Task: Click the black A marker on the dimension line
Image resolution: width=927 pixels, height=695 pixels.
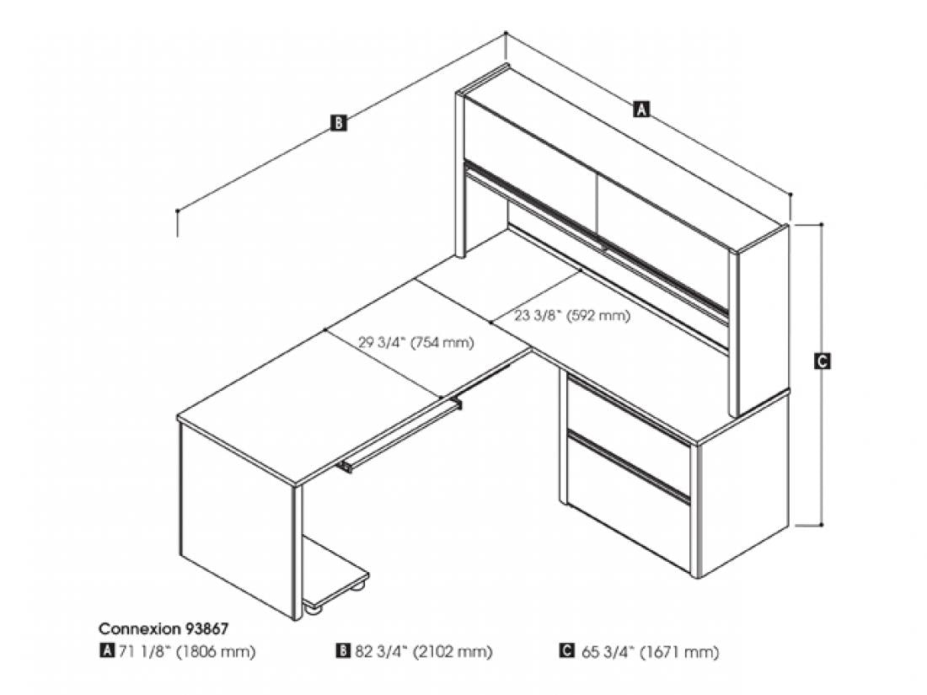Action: tap(641, 109)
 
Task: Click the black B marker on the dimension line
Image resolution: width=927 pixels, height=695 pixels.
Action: tap(338, 123)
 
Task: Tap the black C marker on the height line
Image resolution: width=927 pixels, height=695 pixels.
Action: tap(822, 361)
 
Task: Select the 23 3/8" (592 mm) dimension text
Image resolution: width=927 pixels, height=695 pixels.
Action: tap(571, 316)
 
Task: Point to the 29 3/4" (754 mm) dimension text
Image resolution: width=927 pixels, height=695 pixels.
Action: tap(415, 342)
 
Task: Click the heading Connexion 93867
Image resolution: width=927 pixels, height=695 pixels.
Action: tap(163, 628)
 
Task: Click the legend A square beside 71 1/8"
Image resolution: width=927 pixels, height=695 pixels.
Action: tap(106, 650)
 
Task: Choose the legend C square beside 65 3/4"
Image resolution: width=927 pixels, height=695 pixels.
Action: tap(566, 650)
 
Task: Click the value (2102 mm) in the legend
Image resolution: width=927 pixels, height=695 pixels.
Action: tap(453, 652)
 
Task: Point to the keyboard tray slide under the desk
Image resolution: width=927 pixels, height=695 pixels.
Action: tap(401, 436)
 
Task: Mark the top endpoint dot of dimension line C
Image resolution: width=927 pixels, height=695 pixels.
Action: tap(822, 225)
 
